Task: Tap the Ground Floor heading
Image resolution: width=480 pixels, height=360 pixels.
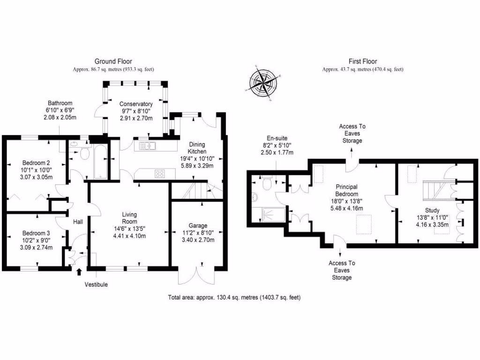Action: tap(113, 61)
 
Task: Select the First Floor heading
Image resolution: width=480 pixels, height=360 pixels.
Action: tap(363, 61)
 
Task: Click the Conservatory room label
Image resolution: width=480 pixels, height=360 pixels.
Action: tap(136, 104)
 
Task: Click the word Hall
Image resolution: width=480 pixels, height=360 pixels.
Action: tap(78, 221)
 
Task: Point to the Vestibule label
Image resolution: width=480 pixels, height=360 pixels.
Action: tap(96, 285)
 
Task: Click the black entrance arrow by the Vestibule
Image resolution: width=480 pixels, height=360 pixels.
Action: tap(78, 271)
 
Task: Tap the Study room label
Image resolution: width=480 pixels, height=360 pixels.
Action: tap(432, 210)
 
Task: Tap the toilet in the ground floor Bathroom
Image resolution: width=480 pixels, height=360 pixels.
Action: tap(85, 154)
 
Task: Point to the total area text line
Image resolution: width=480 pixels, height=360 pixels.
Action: tap(234, 297)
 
